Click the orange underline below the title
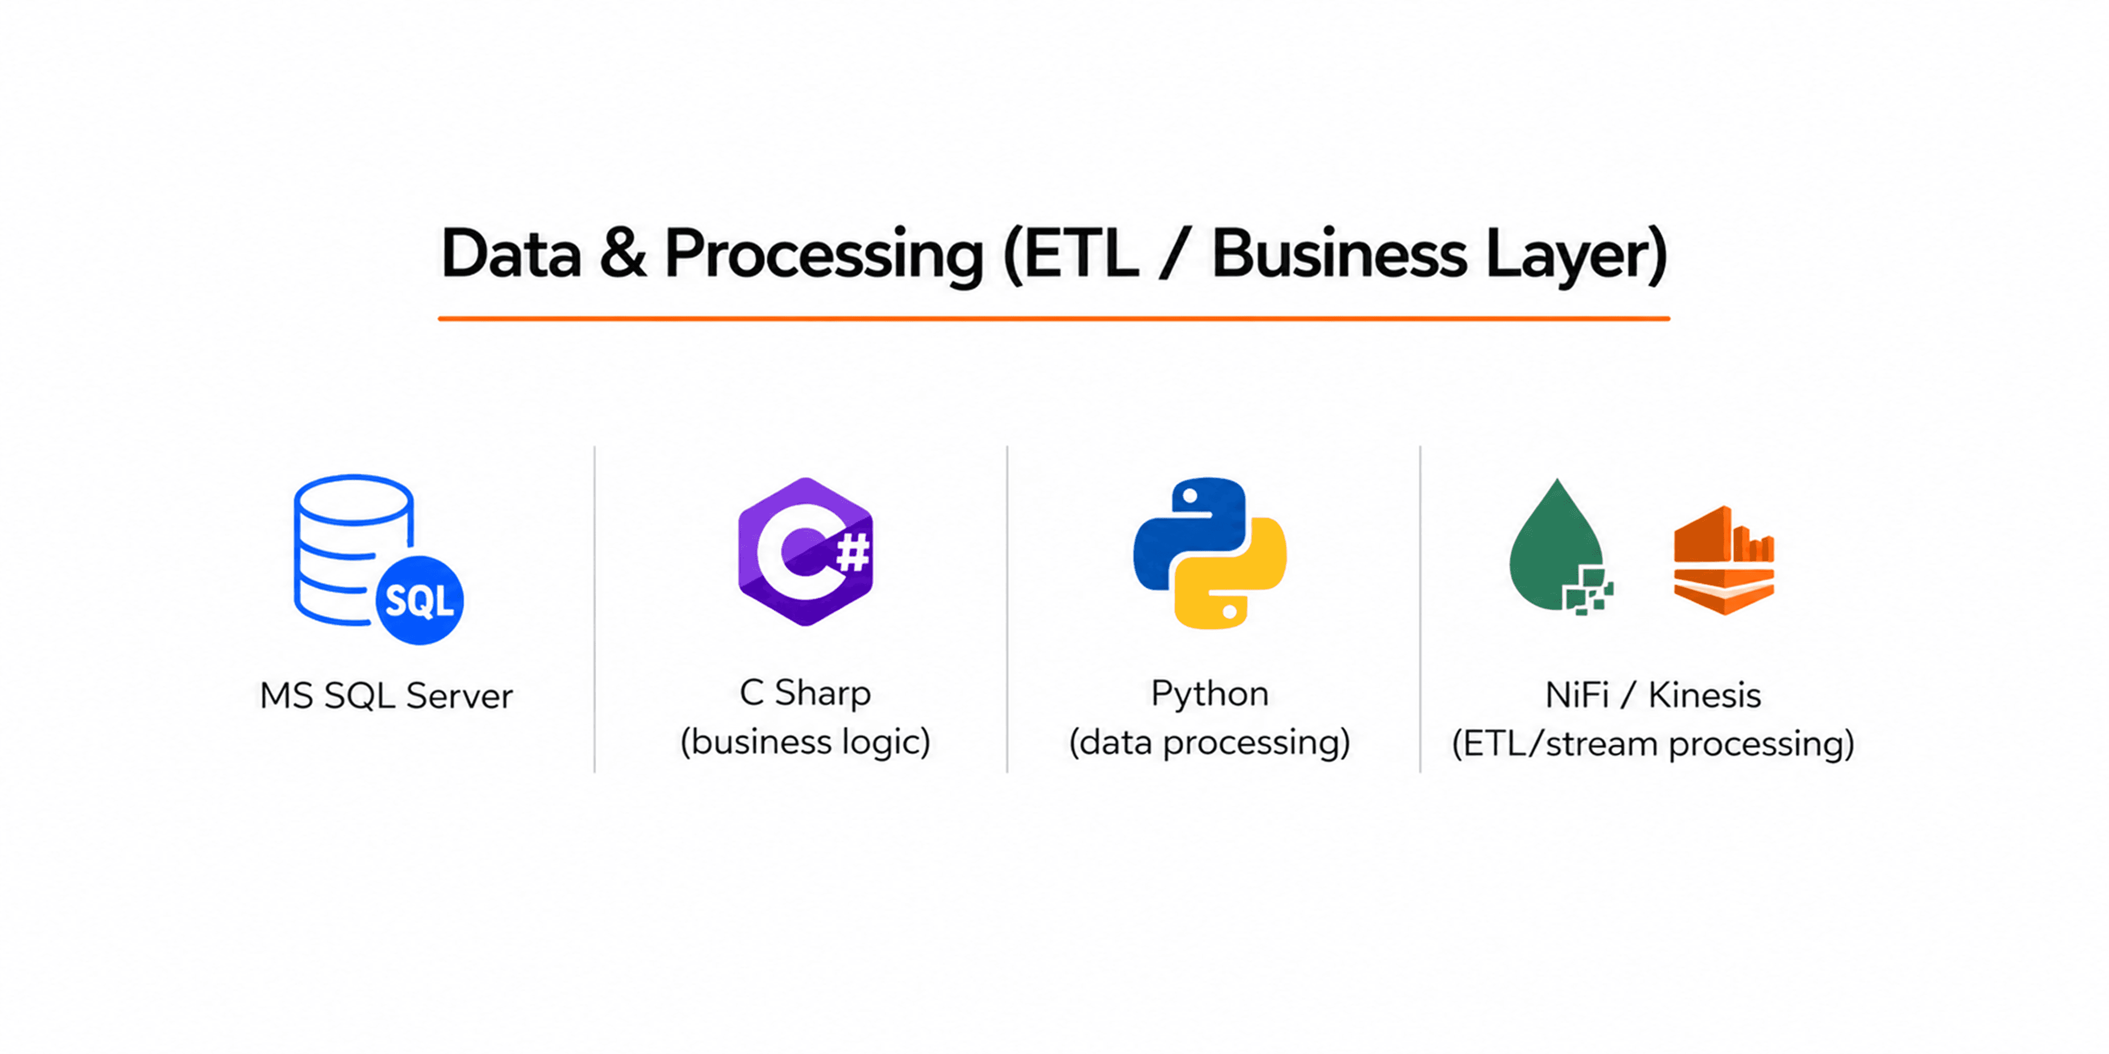1054,319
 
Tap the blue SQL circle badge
419,600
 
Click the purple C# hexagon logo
806,551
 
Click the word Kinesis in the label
1704,695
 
